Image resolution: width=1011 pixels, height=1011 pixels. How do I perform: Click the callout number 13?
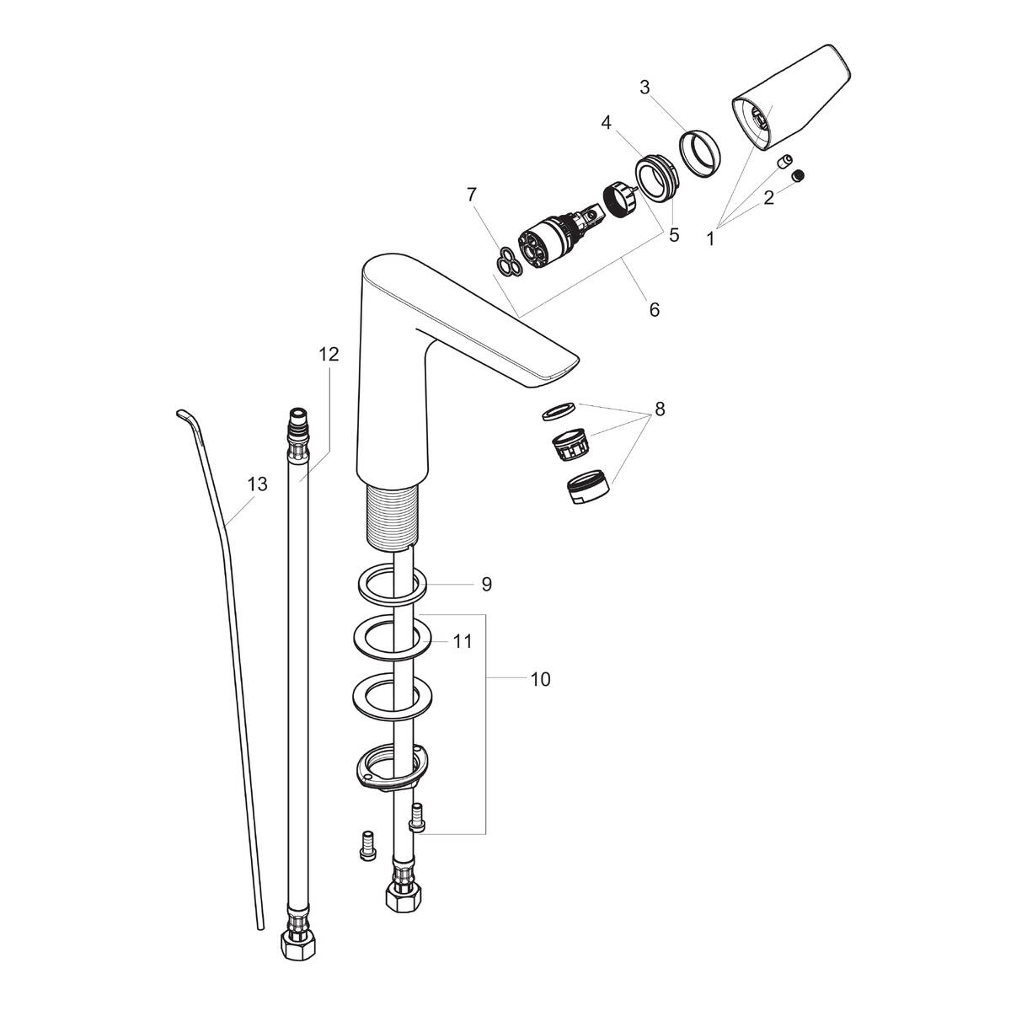257,484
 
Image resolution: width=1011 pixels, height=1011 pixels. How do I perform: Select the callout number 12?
329,355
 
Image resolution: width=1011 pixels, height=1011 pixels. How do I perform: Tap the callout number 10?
540,679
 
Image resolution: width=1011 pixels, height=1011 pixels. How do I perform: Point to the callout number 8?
659,409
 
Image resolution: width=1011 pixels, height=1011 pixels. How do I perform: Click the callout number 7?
472,195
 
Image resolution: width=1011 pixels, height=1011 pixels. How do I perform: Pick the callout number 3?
645,87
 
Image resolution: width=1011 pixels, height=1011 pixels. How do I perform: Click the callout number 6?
654,310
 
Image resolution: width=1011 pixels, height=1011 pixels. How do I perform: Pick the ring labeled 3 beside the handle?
700,152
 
